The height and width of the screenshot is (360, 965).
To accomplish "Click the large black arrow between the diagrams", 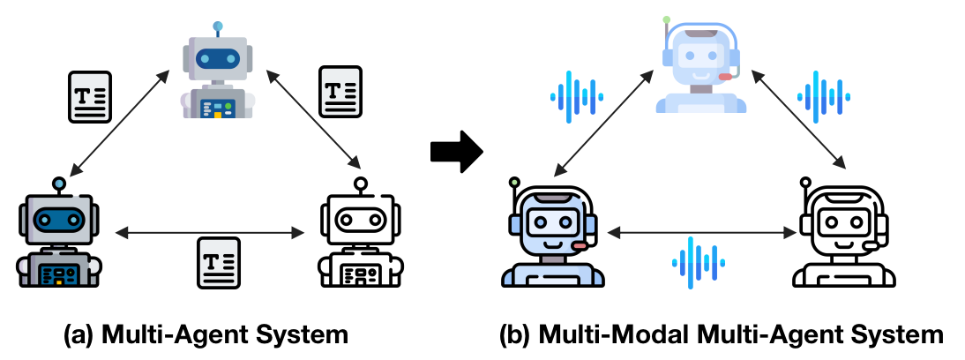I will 457,152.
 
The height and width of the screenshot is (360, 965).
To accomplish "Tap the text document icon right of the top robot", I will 340,93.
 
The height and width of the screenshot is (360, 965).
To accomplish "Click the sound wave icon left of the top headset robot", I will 577,95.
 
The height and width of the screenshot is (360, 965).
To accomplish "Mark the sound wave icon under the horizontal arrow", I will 699,263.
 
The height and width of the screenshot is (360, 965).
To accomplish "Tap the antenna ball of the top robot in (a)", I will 218,27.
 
